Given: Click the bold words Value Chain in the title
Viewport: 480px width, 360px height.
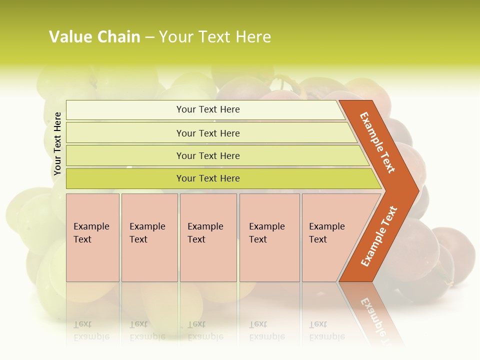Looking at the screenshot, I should pos(94,37).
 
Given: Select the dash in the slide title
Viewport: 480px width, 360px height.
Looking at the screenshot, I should pos(149,37).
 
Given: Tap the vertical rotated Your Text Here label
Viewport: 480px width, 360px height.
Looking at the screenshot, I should pos(57,143).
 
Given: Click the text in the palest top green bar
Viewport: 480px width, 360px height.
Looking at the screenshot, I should pos(208,109).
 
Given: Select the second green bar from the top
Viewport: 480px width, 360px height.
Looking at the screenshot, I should pos(208,133).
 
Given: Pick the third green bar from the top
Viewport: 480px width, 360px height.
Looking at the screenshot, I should pos(208,155).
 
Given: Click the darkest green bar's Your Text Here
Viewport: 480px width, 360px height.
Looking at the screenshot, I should pos(208,178).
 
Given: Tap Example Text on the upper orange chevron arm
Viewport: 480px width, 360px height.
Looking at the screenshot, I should pos(377,142).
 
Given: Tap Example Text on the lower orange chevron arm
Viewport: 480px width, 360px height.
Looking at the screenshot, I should pos(379,236).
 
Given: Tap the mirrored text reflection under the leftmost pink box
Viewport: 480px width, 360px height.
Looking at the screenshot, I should pos(91,330).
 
